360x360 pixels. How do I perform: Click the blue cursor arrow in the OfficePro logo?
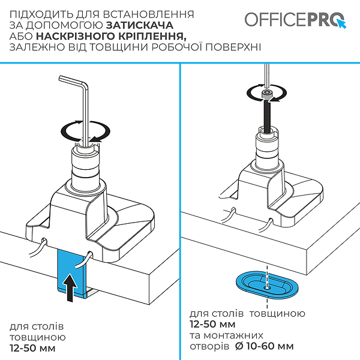click(342, 23)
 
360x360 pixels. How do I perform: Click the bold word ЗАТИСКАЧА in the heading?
click(140, 25)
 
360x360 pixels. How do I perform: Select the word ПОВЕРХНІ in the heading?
click(233, 47)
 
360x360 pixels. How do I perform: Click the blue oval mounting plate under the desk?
click(267, 284)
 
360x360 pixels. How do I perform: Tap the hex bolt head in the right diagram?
click(266, 95)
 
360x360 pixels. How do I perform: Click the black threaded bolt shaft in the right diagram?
click(267, 116)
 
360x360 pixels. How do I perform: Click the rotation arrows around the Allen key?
click(85, 131)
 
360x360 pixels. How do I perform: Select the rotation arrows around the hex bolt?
click(267, 93)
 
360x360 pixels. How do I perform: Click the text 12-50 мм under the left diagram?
click(32, 348)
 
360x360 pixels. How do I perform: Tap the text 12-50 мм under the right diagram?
click(212, 324)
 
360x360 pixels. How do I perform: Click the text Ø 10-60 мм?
click(265, 346)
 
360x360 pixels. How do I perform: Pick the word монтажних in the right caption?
click(233, 335)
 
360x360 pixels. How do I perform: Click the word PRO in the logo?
click(325, 20)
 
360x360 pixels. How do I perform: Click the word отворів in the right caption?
click(209, 346)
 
